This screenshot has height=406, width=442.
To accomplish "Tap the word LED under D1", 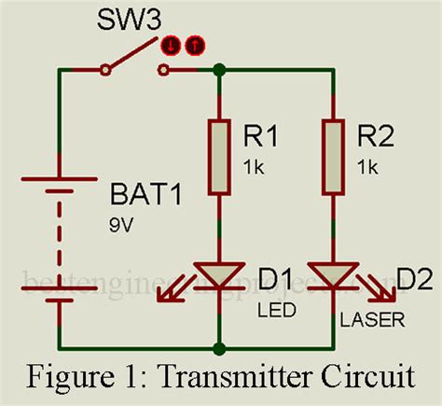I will (272, 307).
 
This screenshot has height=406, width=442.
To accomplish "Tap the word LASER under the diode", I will (372, 320).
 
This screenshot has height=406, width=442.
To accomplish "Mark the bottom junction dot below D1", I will (220, 350).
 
